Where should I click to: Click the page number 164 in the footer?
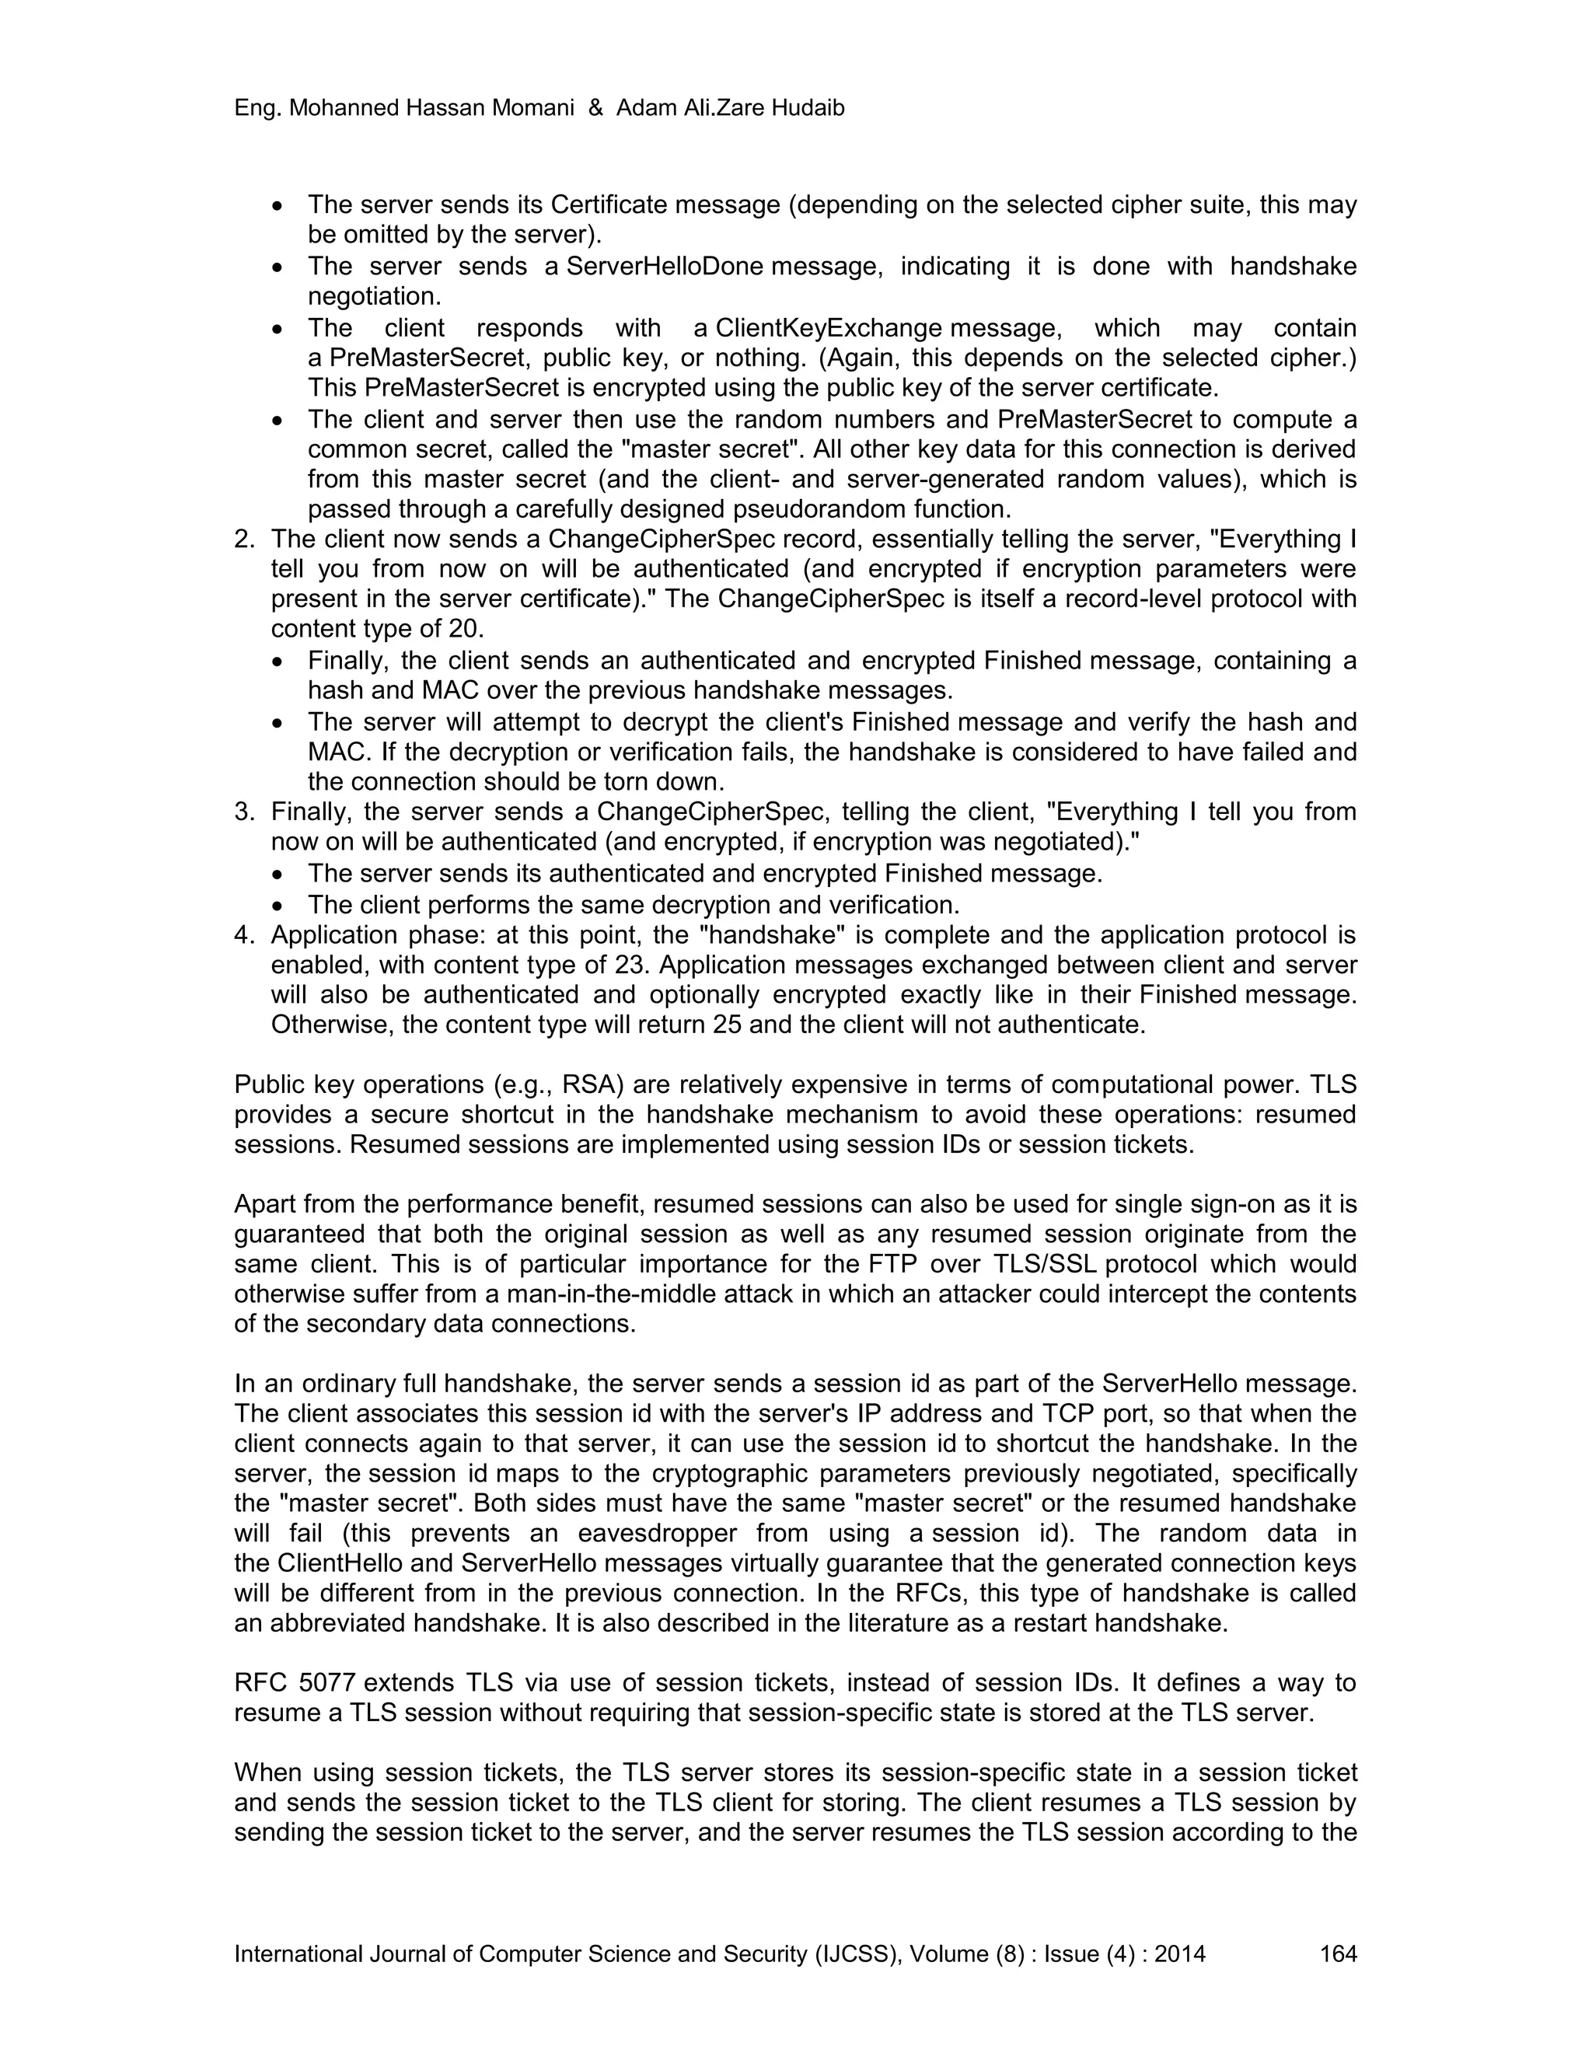(1337, 1954)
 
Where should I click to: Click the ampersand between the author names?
(595, 109)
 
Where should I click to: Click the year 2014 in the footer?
(1180, 1954)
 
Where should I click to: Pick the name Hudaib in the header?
(808, 109)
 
